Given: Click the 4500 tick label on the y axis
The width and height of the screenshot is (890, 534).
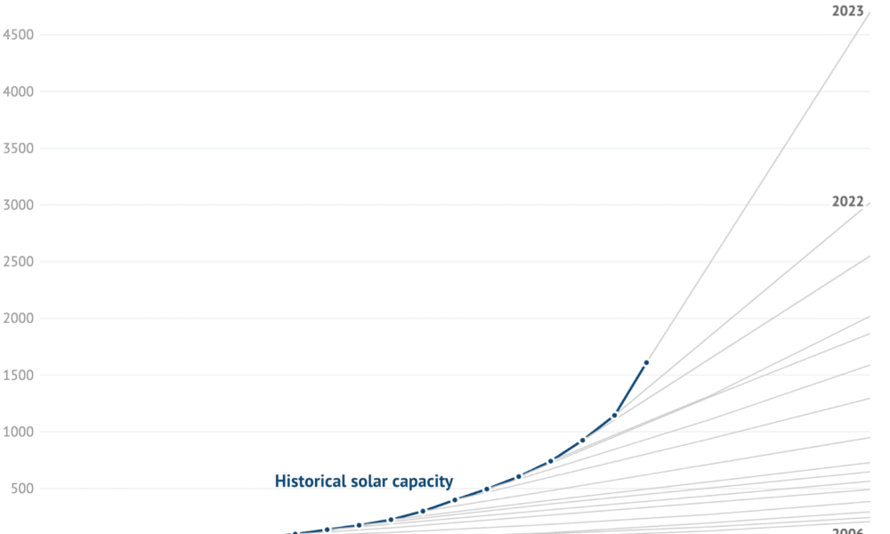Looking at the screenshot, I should [20, 35].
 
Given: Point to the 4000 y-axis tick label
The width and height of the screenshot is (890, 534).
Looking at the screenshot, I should [20, 92].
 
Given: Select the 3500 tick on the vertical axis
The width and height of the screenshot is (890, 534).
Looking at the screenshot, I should [20, 149].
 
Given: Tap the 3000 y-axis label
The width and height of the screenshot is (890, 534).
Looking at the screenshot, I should [20, 205].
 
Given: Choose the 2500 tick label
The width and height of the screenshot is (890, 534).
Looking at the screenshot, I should [20, 262].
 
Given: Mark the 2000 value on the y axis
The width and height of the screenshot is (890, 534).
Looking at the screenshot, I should [20, 319].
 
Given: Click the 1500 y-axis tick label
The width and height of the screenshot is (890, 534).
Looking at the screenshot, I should [20, 376].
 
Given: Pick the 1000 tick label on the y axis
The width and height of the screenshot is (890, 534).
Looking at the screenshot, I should [20, 432].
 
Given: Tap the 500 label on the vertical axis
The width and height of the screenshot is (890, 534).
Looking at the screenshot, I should [23, 489].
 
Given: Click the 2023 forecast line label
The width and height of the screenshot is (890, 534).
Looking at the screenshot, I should [847, 12].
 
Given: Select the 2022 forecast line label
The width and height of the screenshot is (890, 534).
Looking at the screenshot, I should [847, 201].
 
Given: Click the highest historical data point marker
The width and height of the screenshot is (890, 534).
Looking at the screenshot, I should [646, 363].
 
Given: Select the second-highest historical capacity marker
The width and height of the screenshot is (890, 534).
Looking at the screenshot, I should [614, 416].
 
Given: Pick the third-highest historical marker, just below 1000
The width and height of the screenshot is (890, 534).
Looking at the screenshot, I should [582, 440].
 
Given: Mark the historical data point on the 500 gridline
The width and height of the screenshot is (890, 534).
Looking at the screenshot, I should [486, 489].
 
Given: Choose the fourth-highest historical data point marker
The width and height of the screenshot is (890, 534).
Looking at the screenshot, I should [550, 461].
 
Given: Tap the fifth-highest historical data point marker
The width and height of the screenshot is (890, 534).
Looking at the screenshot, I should [518, 476].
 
